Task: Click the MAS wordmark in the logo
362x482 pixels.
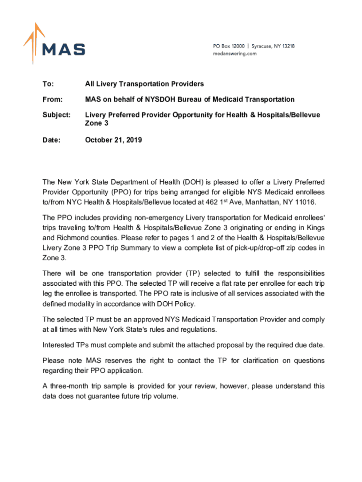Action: coord(63,49)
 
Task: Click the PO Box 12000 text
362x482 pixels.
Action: coord(228,46)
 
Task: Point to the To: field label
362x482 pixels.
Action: coord(48,84)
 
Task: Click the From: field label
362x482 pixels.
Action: coord(52,99)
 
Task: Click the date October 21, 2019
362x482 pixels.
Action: coord(113,140)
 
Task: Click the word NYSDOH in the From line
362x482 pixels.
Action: coord(161,99)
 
